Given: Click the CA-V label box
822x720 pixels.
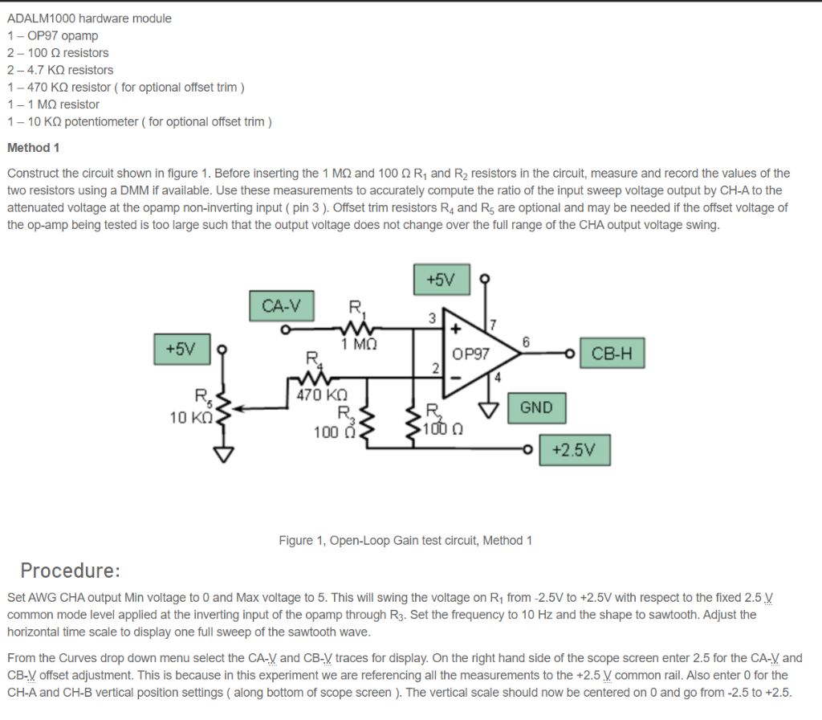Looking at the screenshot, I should [x=282, y=306].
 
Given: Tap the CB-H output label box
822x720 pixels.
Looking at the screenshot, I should [x=612, y=353].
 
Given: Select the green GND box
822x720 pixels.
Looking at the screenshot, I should [x=536, y=407].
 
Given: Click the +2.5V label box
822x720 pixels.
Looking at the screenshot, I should [x=575, y=450].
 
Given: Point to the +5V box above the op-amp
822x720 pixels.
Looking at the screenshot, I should [x=441, y=280].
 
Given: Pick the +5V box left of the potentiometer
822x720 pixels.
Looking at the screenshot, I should [x=181, y=350].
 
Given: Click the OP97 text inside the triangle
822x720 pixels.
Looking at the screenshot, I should [x=470, y=354].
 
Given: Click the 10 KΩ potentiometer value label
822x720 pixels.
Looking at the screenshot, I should [x=190, y=417].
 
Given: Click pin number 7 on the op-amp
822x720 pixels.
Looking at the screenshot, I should [x=494, y=325].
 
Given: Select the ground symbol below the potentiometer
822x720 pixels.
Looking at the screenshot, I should [x=223, y=455].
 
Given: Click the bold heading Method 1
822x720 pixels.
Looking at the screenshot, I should [x=33, y=148].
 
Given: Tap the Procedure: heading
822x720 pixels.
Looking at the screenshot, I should [x=71, y=571].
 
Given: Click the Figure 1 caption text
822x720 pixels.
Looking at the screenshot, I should [x=405, y=540].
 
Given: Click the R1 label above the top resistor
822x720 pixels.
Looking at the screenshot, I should [x=355, y=306].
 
